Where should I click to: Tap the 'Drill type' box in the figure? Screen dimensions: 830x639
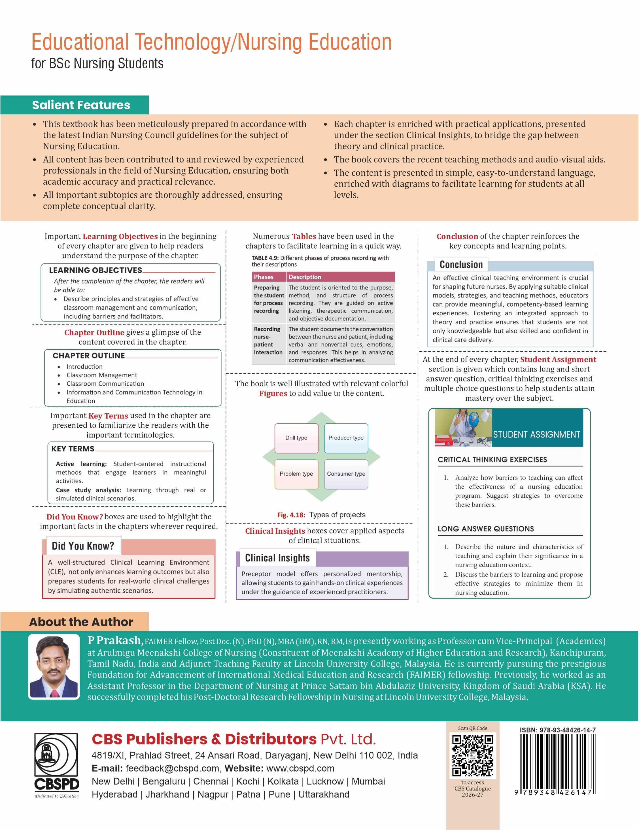[x=296, y=438]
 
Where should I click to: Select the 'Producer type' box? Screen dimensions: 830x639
[x=346, y=438]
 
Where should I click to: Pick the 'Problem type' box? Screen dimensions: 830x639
[x=296, y=474]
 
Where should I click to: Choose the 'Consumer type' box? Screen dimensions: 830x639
[x=346, y=474]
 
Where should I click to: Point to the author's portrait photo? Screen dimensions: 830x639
[x=54, y=667]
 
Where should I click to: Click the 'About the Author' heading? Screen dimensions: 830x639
[x=81, y=622]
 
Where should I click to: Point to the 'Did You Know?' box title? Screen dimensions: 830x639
[x=83, y=546]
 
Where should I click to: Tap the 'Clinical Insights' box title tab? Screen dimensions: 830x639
[x=277, y=558]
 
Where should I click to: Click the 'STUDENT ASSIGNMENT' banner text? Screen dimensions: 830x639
[x=536, y=434]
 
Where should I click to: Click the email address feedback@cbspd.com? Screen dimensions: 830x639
[x=172, y=768]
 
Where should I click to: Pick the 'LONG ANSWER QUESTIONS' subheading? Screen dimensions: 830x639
[x=486, y=529]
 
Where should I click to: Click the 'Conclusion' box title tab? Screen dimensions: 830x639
[x=461, y=265]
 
